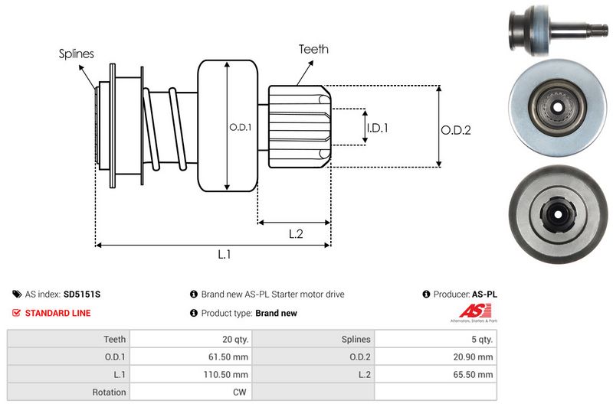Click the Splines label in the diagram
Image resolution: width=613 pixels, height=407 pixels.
(77, 54)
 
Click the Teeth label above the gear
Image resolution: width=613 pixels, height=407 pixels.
(313, 49)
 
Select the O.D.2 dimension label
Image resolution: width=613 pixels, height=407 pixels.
(455, 130)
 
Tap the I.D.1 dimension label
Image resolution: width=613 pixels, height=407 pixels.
(377, 128)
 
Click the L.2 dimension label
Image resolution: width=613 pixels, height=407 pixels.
(296, 235)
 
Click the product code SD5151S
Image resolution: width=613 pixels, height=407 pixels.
(82, 294)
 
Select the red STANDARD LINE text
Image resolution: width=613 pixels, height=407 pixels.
(57, 313)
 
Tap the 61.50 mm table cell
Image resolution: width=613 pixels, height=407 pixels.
(228, 357)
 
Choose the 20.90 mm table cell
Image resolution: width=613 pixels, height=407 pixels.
(474, 357)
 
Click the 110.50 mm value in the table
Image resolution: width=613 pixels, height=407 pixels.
(227, 374)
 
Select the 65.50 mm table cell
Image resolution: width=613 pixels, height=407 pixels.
(474, 374)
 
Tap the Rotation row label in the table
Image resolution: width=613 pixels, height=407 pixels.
(110, 392)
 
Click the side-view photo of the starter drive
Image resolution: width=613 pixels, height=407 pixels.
(557, 30)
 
